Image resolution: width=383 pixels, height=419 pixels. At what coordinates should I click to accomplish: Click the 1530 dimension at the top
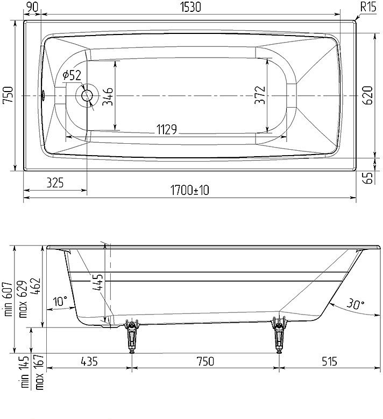(190, 7)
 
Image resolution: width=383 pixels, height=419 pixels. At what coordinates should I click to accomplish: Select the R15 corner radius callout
(368, 6)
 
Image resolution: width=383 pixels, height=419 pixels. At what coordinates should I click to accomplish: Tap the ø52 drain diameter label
(72, 75)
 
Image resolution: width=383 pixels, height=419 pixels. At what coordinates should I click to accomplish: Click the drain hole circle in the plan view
(87, 95)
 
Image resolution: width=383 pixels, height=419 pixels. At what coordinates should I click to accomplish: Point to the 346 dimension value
(108, 96)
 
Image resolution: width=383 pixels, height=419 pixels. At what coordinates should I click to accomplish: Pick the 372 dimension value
(260, 95)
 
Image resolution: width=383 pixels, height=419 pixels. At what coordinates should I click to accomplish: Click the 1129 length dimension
(167, 130)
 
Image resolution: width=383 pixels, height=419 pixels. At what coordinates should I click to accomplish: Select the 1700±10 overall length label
(190, 190)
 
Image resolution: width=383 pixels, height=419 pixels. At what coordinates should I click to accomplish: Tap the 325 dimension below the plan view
(55, 183)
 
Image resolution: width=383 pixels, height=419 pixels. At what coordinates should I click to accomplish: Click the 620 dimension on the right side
(368, 95)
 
